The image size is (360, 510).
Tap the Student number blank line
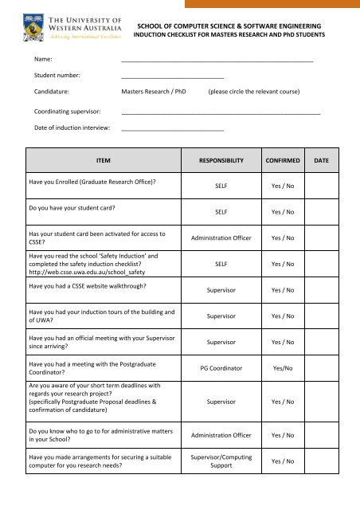[x=172, y=76]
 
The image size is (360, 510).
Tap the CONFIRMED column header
[x=283, y=160]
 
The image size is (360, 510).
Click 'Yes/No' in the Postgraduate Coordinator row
[x=283, y=369]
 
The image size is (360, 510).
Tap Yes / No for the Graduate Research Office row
[x=283, y=188]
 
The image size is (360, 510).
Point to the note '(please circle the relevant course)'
[x=253, y=92]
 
